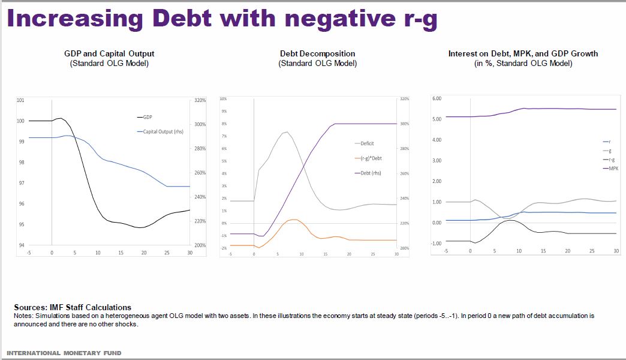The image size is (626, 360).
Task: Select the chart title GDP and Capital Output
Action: [x=109, y=53]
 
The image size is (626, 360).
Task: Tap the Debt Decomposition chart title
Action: [x=317, y=53]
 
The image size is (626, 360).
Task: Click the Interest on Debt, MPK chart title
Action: [x=523, y=53]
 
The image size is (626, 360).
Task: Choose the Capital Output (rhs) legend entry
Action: [x=163, y=131]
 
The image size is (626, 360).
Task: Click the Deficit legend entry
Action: [x=367, y=143]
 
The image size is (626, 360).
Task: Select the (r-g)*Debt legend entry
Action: [x=371, y=158]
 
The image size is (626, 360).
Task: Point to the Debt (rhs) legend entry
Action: [x=369, y=173]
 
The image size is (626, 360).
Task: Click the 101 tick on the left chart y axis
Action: [x=21, y=100]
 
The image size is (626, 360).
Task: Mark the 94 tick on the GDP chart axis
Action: [x=22, y=245]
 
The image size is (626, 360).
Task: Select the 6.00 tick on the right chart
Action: [x=437, y=98]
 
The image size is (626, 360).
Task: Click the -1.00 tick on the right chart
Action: [x=436, y=244]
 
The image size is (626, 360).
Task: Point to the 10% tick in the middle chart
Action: [x=223, y=98]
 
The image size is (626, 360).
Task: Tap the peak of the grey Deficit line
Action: [x=287, y=132]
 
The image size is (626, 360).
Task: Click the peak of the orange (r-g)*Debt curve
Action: [x=294, y=220]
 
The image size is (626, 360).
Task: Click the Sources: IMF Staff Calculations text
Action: [x=72, y=307]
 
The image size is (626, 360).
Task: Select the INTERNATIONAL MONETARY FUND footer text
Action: [x=64, y=353]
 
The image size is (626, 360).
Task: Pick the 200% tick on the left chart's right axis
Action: [x=200, y=245]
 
